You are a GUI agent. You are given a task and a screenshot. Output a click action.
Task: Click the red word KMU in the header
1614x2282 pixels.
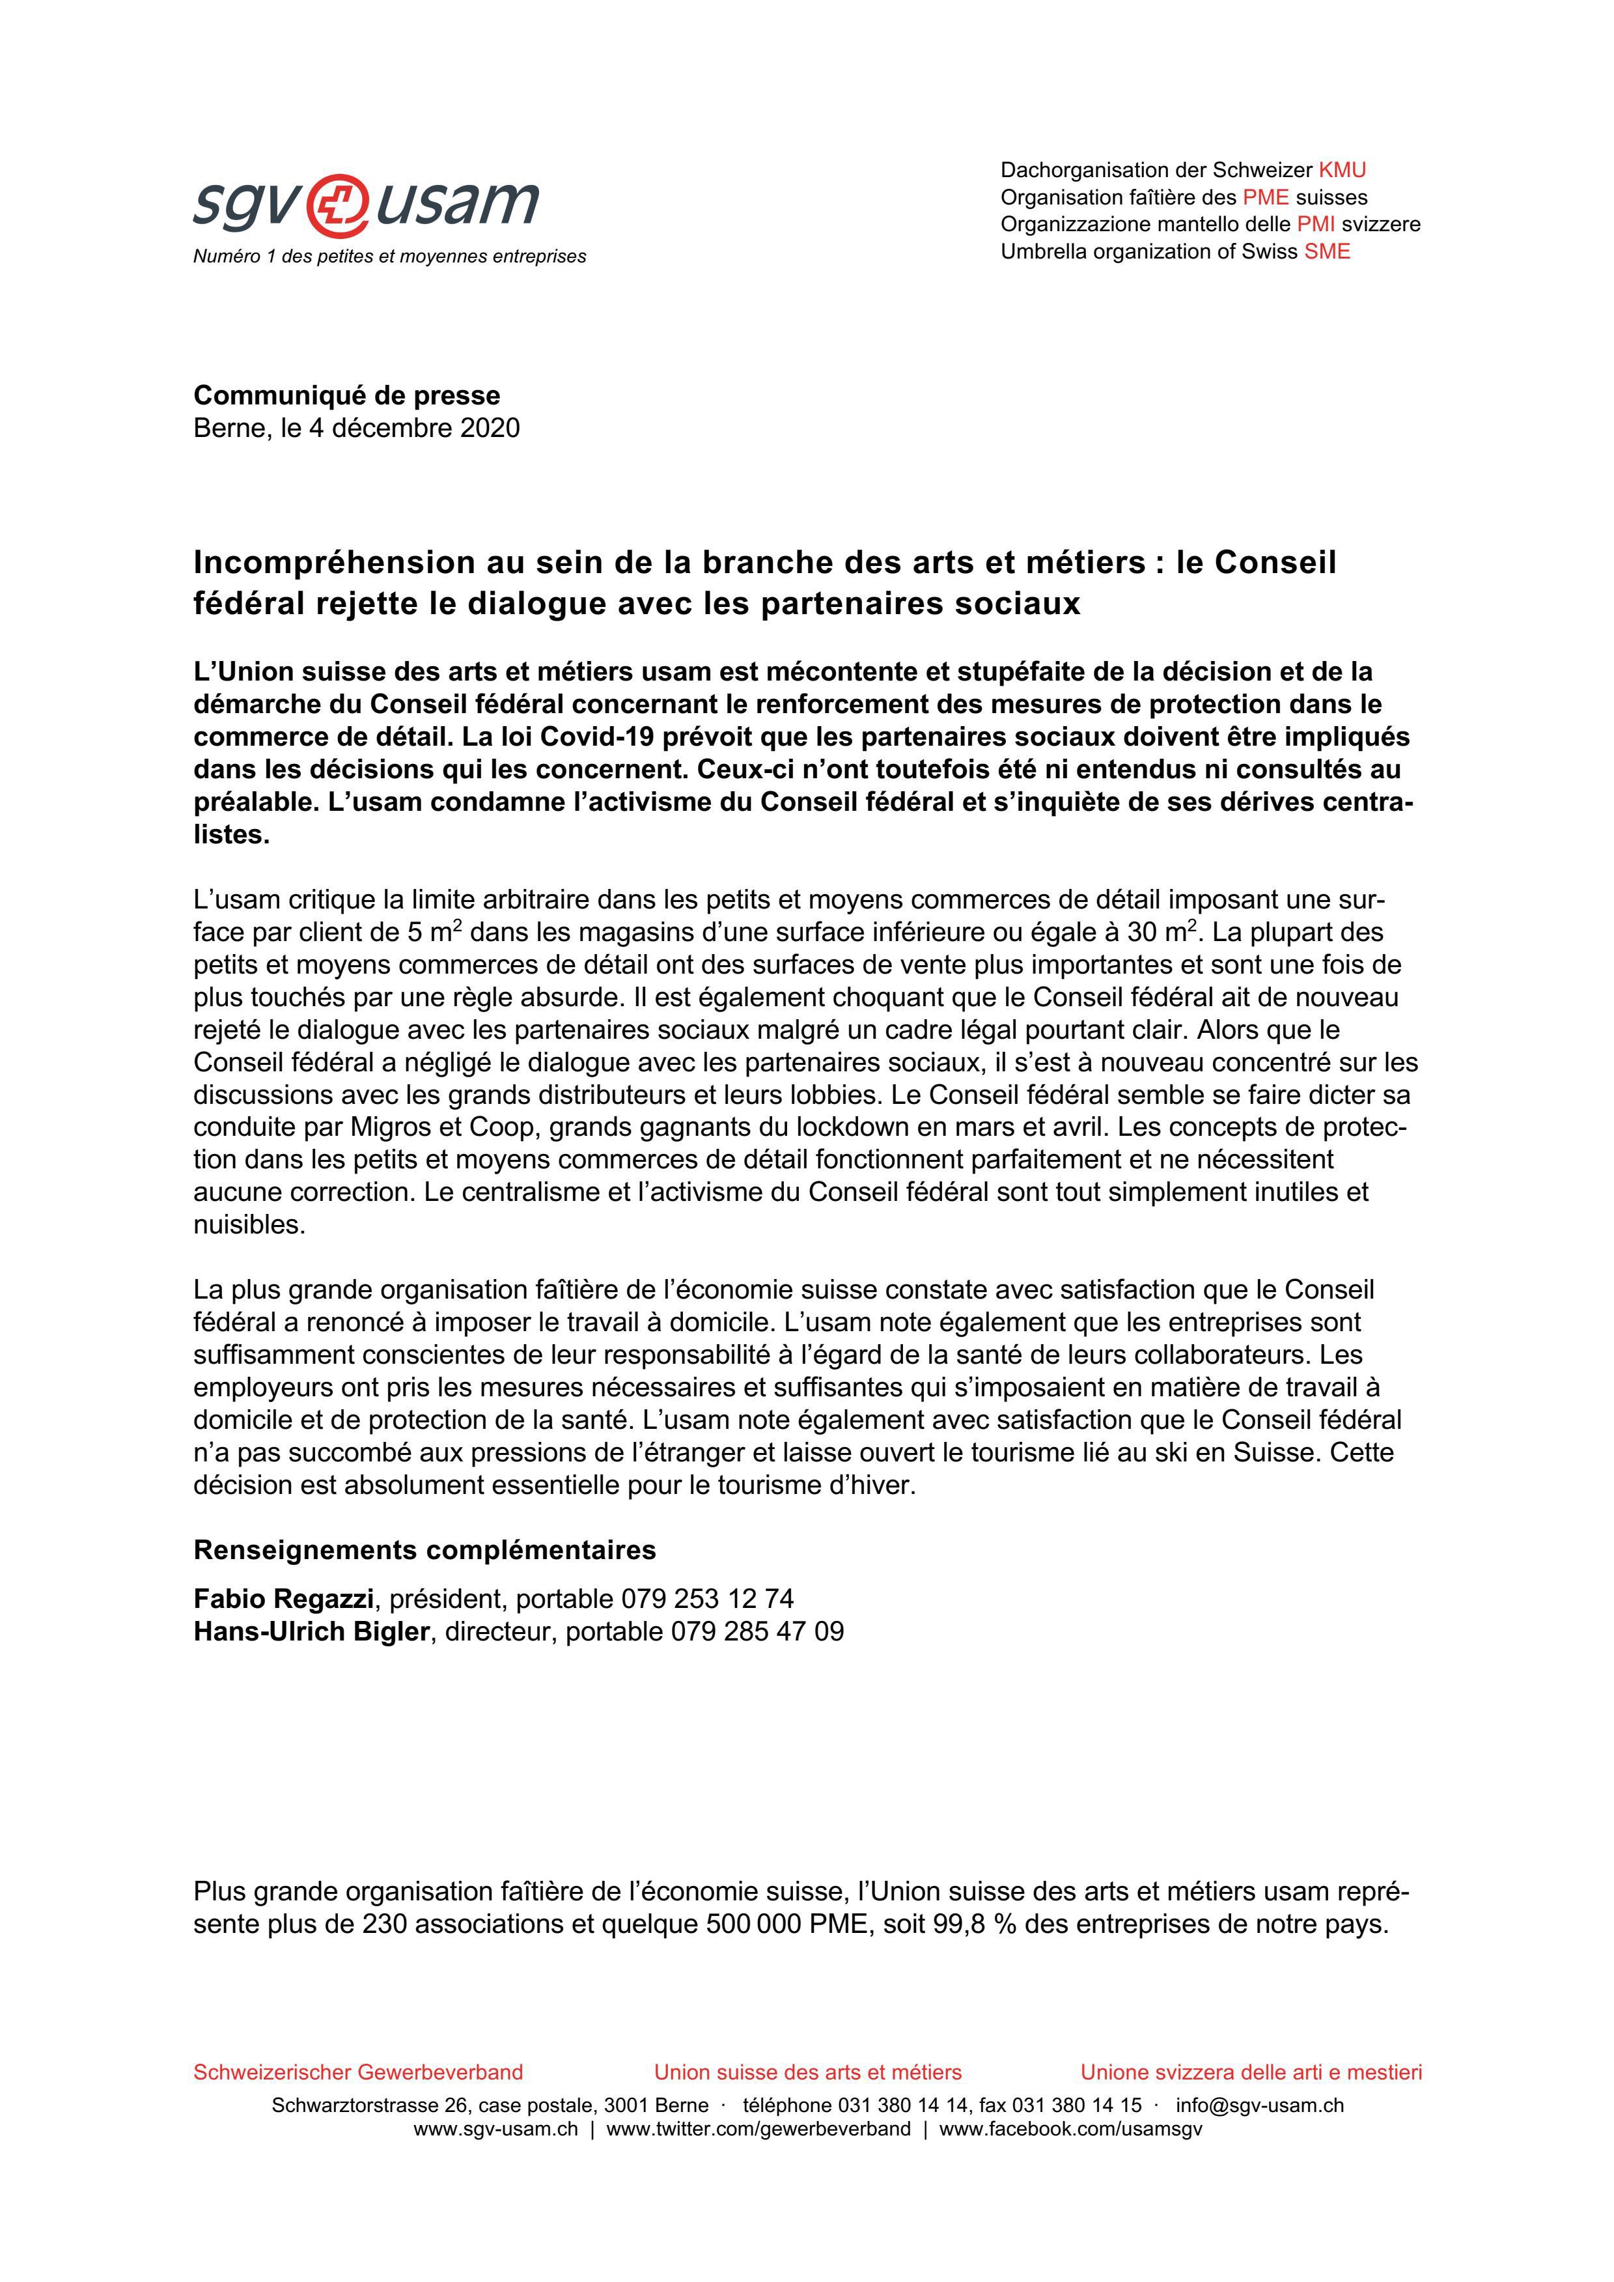[1342, 170]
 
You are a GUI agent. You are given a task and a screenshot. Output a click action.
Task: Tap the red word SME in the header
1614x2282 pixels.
[1327, 251]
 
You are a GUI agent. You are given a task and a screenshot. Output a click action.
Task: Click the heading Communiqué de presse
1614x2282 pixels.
[347, 395]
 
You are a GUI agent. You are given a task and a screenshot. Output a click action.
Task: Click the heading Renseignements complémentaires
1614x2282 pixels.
[424, 1551]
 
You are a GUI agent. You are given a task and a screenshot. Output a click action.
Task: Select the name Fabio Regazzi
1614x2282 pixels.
[283, 1599]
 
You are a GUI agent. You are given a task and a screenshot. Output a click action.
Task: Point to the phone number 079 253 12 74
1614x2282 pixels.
[708, 1599]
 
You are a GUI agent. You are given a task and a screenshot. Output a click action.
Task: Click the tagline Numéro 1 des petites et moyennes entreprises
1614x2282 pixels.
[389, 257]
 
